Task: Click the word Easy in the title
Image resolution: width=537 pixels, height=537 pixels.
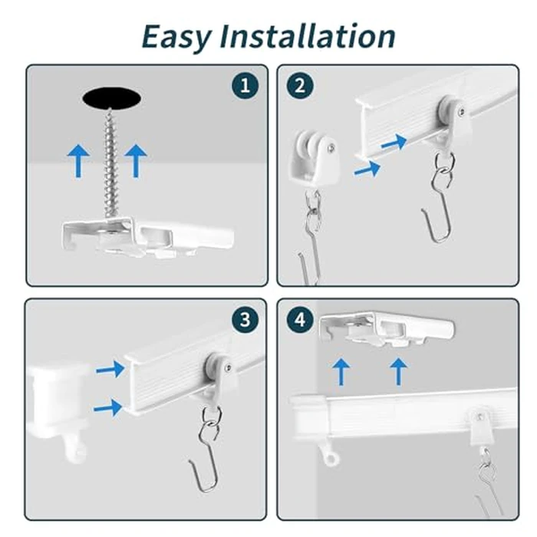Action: pos(176,37)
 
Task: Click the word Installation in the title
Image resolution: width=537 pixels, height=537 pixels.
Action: pos(307,35)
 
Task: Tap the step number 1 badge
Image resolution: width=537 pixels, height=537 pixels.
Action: pos(245,85)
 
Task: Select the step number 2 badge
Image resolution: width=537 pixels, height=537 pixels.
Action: pos(300,86)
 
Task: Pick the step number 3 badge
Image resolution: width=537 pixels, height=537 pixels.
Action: pos(245,320)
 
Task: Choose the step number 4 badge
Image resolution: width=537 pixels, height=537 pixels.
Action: pos(300,320)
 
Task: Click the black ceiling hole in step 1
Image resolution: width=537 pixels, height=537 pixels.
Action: pos(112,98)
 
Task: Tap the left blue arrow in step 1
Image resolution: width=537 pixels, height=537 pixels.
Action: pos(78,160)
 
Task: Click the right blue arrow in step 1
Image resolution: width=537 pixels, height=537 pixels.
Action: pos(136,160)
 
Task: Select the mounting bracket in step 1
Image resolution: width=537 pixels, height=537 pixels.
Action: pos(148,236)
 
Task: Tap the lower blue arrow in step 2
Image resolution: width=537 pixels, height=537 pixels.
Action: pos(367,169)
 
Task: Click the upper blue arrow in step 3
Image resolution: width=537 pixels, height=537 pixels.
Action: pos(110,369)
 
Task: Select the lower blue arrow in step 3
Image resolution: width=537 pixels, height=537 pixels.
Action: pos(108,407)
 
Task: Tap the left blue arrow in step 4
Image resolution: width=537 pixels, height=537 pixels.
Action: pos(341,371)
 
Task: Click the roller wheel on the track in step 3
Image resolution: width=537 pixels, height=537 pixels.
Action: pos(214,366)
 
